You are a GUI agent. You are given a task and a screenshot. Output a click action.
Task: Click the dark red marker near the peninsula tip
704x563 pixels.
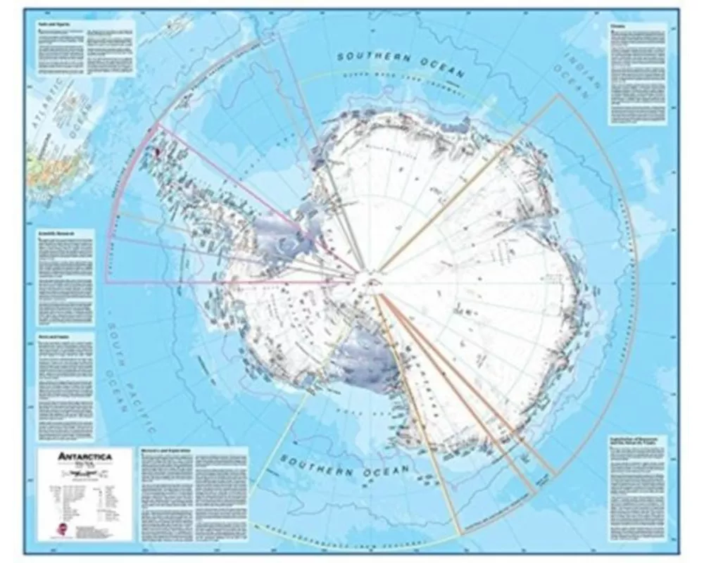(x=158, y=149)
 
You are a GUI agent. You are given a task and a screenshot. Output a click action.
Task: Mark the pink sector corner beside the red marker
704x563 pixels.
(x=157, y=125)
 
